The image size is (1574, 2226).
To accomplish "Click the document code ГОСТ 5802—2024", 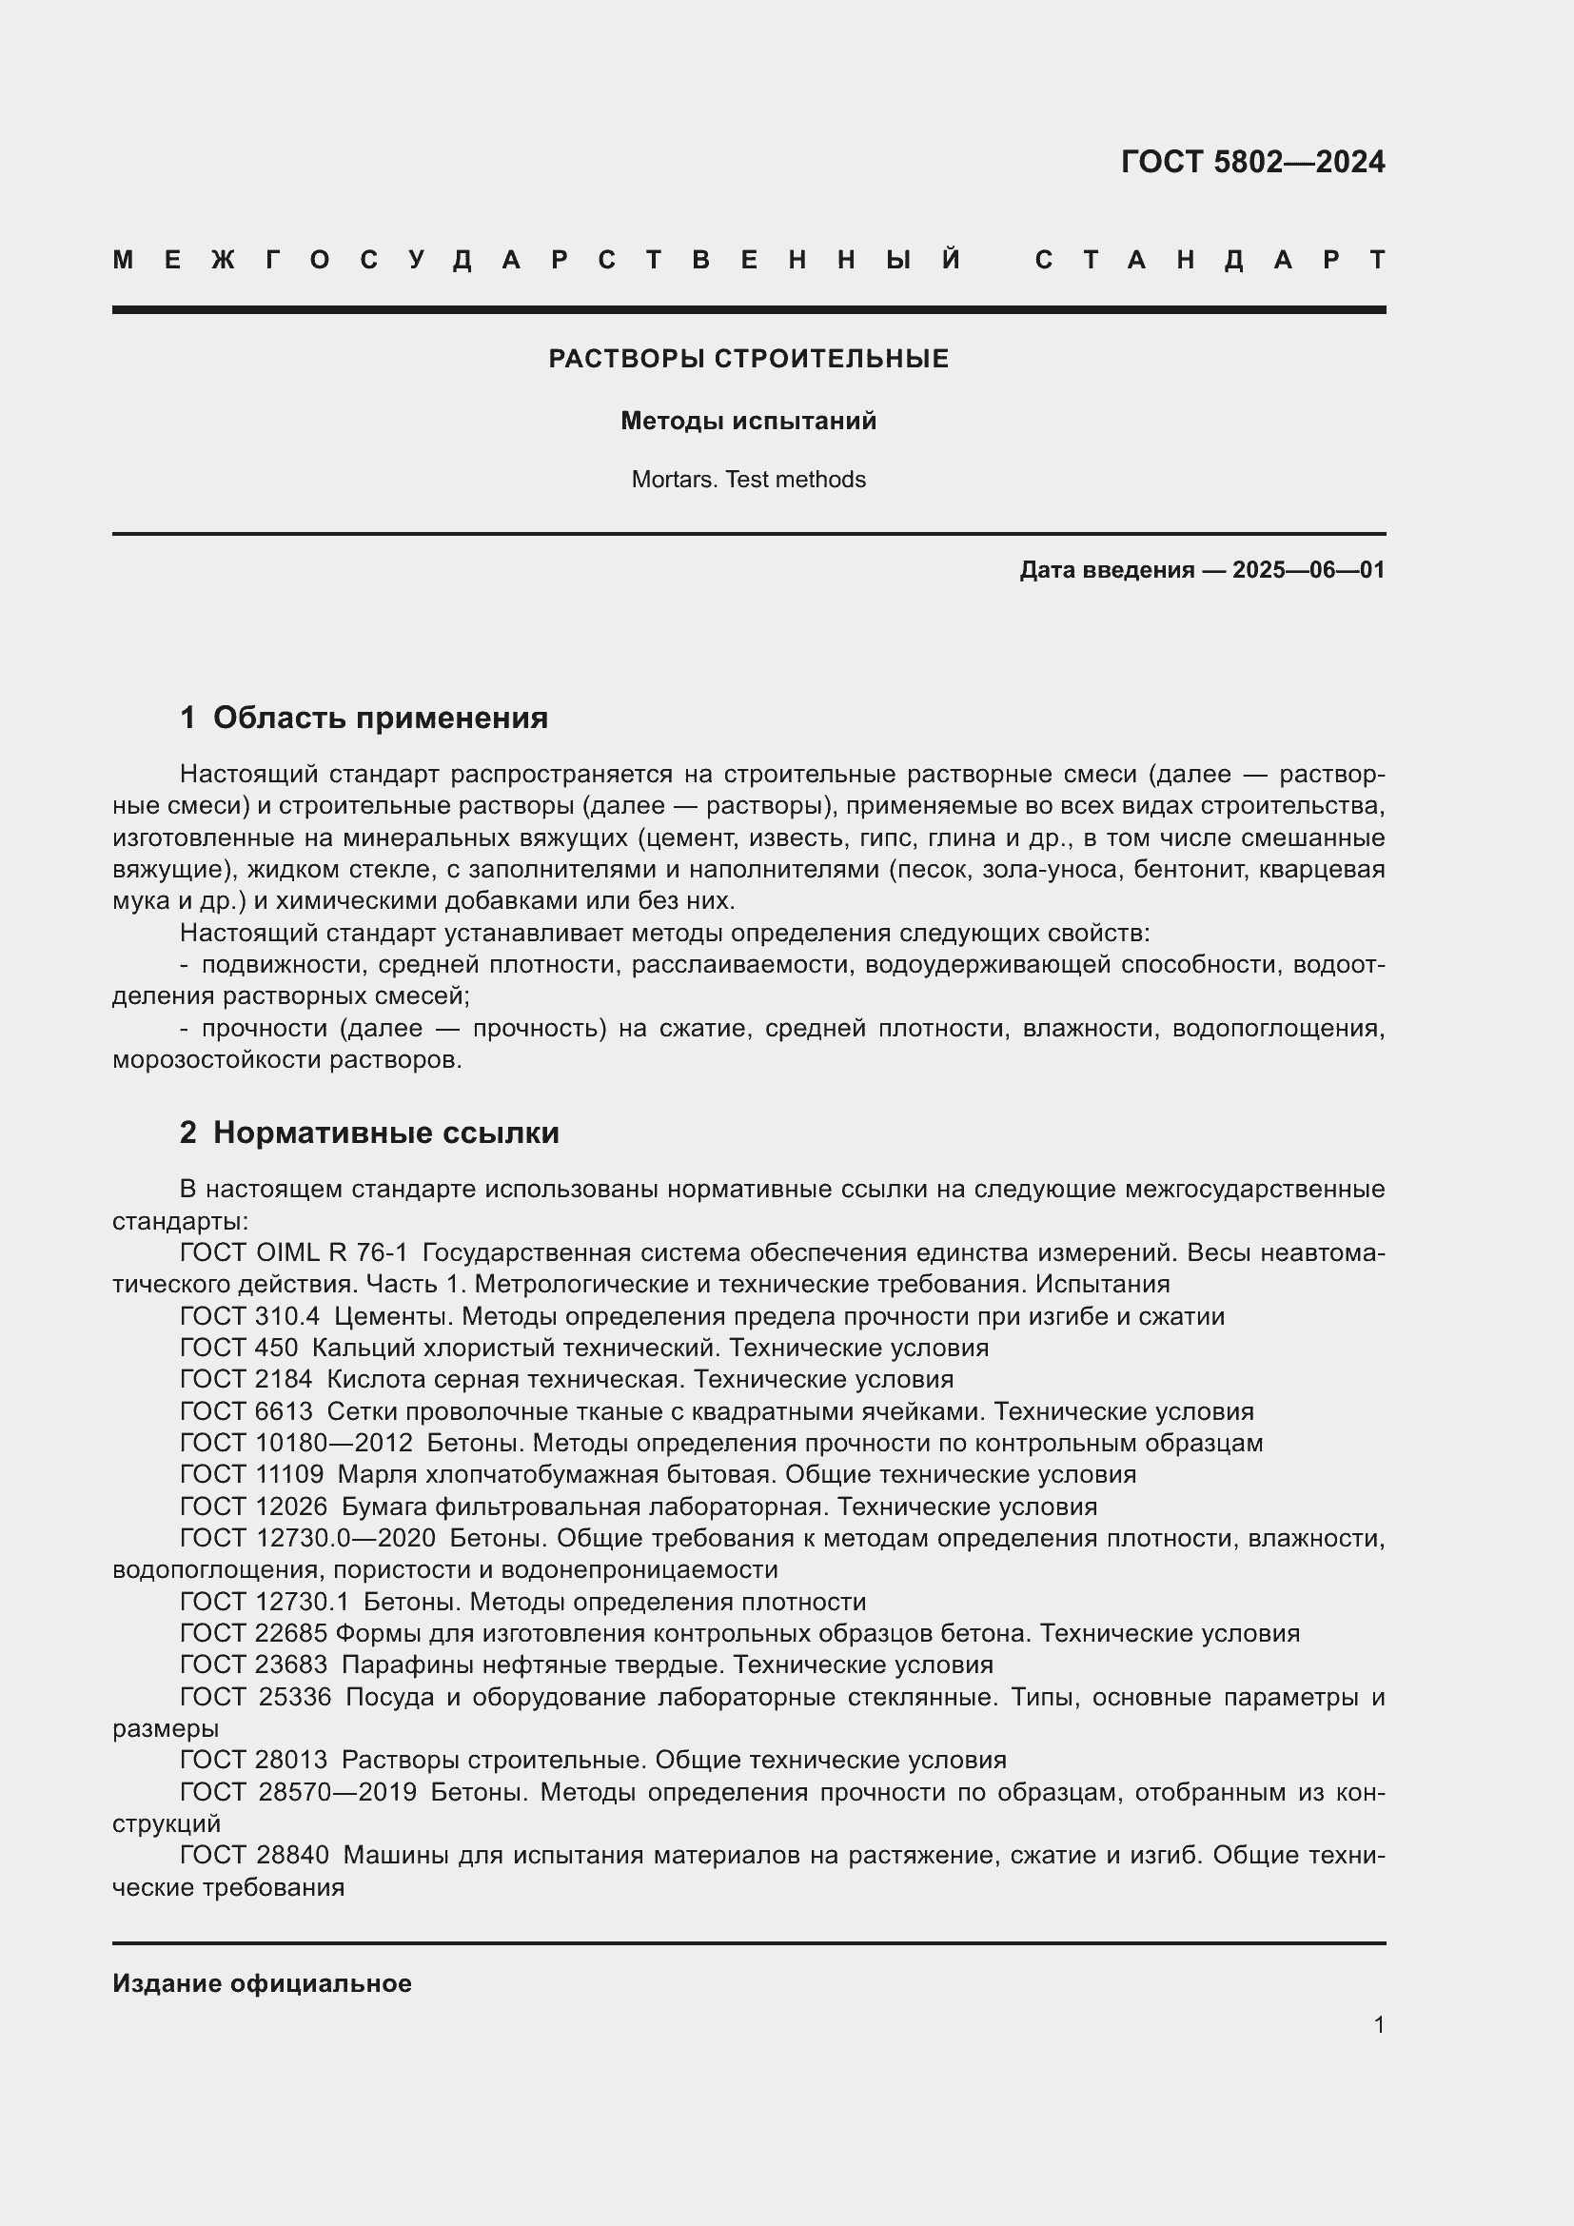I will [1252, 162].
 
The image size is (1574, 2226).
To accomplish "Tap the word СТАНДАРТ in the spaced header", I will [1210, 260].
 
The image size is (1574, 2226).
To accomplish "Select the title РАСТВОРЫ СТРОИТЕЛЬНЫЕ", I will [748, 359].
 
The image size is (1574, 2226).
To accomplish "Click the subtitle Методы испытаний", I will [748, 421].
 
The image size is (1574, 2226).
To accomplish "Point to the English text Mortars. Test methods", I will [748, 480].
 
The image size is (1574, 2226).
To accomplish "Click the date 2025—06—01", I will [1308, 570].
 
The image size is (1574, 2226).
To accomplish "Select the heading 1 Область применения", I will [364, 719].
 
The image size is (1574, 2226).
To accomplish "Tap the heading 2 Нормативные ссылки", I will [369, 1133].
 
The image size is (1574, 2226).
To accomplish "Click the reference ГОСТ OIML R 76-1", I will [294, 1252].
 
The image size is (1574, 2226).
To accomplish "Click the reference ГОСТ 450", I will [239, 1348].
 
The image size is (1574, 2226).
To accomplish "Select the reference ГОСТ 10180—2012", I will [296, 1443].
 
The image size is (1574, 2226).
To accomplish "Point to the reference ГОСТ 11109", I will [252, 1474].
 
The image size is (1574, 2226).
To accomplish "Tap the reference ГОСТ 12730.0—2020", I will [307, 1538].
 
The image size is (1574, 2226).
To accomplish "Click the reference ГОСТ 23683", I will [254, 1665].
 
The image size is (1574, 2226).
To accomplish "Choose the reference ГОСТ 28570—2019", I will [299, 1792].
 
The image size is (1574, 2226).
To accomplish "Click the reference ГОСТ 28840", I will [254, 1855].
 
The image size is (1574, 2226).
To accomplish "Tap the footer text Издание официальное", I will [262, 1983].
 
